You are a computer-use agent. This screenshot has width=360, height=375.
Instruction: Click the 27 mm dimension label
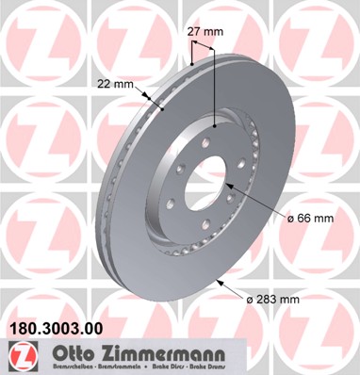pos(205,32)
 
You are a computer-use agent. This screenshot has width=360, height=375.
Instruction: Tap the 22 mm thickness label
pos(116,84)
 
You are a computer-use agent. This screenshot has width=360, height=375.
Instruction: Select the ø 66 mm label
pos(310,219)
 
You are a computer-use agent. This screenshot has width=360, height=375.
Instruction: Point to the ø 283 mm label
pos(272,299)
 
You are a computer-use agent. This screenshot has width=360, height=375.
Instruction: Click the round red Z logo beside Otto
pos(19,354)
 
